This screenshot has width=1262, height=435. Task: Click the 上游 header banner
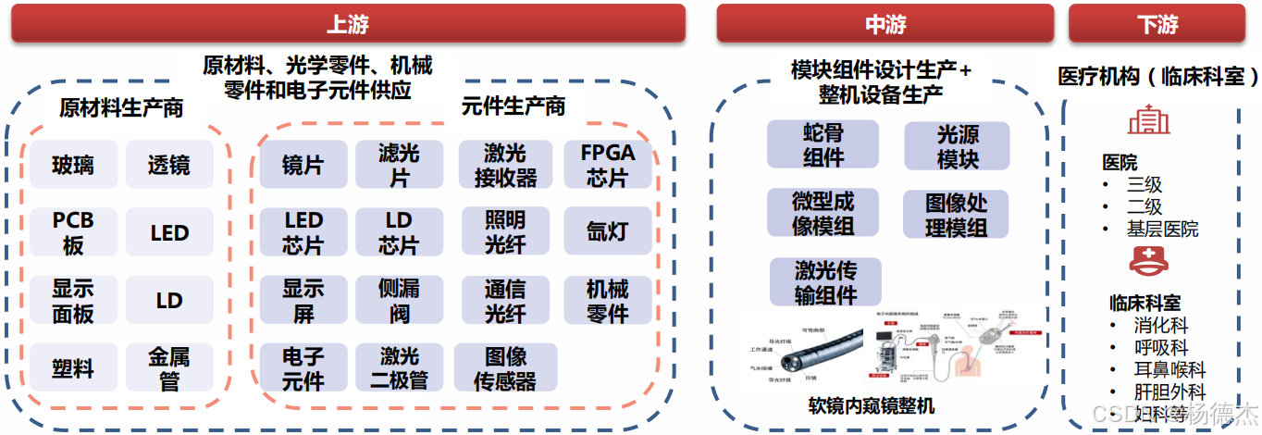click(348, 24)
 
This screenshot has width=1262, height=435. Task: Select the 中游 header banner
click(885, 24)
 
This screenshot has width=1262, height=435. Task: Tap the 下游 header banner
click(1157, 24)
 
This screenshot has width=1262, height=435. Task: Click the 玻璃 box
click(73, 165)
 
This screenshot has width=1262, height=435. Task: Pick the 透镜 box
click(169, 165)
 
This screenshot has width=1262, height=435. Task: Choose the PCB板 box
click(73, 232)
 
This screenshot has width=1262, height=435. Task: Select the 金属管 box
click(169, 367)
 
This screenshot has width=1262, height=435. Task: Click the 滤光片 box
click(399, 165)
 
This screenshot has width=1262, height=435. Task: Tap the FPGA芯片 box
click(607, 165)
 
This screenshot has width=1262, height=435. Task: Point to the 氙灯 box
click(607, 232)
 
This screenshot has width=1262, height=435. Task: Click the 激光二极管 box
click(399, 367)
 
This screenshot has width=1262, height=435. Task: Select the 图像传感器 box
click(505, 367)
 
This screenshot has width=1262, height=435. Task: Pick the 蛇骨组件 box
click(823, 145)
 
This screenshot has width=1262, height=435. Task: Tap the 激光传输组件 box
click(825, 282)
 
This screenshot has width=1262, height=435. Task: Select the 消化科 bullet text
click(1160, 326)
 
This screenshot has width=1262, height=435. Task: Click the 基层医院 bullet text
click(1162, 229)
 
